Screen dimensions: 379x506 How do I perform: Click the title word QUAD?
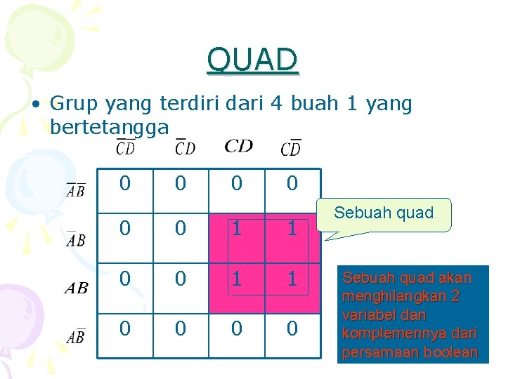point(253,60)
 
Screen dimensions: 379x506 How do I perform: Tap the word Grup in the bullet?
point(74,105)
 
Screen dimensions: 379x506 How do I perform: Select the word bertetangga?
point(110,127)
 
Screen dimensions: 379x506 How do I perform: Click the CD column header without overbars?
point(238,146)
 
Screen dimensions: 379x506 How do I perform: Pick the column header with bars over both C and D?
point(126,147)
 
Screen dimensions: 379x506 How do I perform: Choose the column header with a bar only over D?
point(290,147)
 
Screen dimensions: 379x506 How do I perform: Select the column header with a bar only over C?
point(185,147)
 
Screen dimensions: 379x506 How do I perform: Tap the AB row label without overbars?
point(76,288)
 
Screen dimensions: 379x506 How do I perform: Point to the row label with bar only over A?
point(76,239)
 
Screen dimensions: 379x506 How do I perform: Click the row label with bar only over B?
point(76,337)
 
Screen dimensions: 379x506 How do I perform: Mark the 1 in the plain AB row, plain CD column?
point(237,279)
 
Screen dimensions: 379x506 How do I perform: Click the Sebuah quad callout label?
point(384,213)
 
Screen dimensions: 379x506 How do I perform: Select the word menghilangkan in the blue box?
point(396,296)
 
